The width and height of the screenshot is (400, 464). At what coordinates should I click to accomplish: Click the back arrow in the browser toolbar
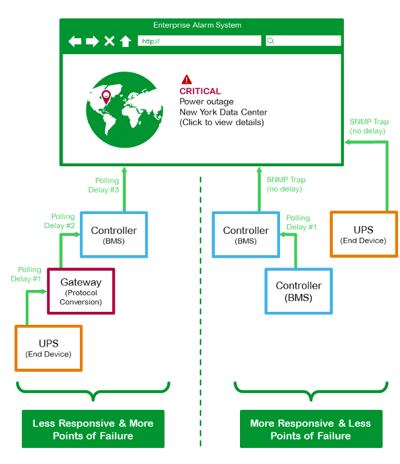(x=75, y=41)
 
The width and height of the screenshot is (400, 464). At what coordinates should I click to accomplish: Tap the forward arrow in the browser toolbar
(x=92, y=41)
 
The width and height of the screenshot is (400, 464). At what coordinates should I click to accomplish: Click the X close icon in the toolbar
(x=109, y=41)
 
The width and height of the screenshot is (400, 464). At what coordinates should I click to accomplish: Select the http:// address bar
(x=199, y=41)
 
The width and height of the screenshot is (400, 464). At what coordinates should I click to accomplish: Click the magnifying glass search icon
(x=271, y=41)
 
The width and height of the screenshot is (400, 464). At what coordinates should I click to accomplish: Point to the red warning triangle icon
(x=186, y=79)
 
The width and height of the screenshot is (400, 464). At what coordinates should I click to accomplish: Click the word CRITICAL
(x=200, y=92)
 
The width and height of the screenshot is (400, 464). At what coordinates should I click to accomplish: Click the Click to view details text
(x=221, y=122)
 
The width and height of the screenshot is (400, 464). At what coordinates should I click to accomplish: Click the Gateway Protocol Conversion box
(x=81, y=291)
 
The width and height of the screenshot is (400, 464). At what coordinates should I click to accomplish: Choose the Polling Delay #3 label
(x=105, y=186)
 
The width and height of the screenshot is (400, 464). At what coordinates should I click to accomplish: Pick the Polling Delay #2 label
(x=63, y=222)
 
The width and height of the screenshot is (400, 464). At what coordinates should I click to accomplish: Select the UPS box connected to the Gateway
(x=48, y=348)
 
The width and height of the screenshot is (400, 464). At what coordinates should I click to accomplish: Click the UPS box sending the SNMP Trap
(x=363, y=234)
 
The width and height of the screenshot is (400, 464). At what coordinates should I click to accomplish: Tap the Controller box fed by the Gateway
(x=114, y=235)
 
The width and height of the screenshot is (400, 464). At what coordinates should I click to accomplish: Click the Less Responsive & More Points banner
(x=93, y=429)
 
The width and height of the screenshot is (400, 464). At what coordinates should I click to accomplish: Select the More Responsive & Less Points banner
(x=310, y=429)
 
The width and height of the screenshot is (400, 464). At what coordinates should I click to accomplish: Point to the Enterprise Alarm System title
(x=197, y=25)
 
